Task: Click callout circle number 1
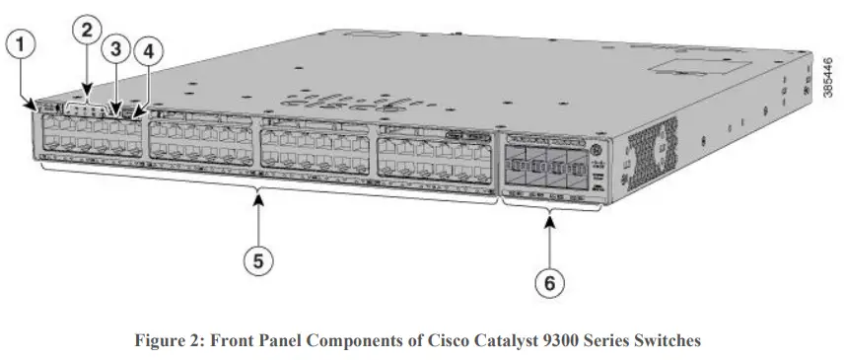(22, 43)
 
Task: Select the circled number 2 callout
(87, 30)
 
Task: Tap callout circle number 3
(115, 47)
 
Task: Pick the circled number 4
(150, 49)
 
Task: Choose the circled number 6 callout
(550, 283)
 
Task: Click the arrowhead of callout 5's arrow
(258, 200)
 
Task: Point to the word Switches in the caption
(666, 341)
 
